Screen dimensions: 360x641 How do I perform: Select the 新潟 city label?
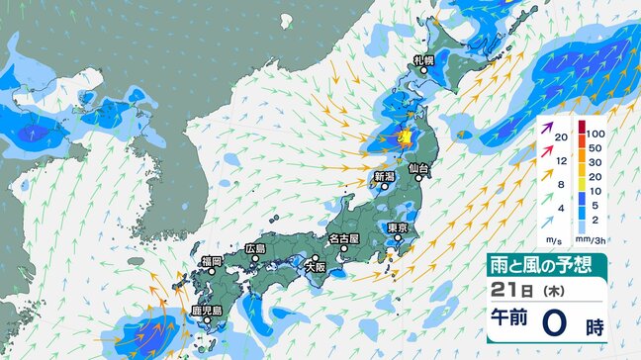(385, 177)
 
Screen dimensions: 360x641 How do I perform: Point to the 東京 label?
(399, 227)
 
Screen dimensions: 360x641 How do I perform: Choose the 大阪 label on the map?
(315, 266)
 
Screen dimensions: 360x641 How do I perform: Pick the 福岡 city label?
(210, 261)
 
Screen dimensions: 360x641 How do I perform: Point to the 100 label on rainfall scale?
(595, 132)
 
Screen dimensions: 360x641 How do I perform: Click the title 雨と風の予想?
(558, 264)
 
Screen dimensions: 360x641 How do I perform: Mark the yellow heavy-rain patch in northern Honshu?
(404, 138)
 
